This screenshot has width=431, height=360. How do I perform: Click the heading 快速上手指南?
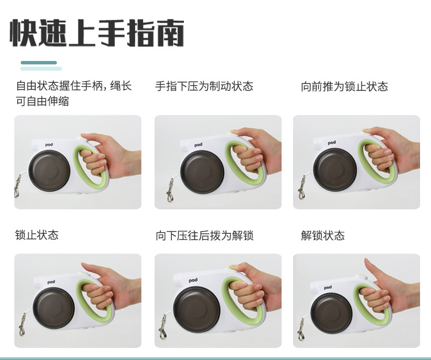[97, 33]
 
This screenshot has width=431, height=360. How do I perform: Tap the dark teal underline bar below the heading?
[39, 63]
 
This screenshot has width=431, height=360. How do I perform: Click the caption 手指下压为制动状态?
[204, 86]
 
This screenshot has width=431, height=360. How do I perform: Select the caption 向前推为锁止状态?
[344, 86]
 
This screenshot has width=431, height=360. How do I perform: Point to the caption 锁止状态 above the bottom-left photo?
[37, 235]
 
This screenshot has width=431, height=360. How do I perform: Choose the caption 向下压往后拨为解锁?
[204, 236]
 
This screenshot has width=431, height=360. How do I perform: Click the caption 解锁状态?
[323, 236]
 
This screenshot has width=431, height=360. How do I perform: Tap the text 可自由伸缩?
[43, 101]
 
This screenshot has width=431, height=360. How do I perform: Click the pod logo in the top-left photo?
[49, 145]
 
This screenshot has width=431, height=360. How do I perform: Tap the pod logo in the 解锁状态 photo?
[328, 288]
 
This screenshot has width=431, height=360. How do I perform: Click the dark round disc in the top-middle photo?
[202, 172]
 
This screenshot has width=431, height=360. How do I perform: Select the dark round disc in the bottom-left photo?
[53, 308]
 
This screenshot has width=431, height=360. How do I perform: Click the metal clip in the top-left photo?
[17, 186]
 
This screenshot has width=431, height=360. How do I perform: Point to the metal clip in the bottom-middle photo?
[163, 327]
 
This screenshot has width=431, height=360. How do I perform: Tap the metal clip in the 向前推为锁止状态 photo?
[302, 188]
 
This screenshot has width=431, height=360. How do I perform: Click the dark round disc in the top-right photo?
[335, 170]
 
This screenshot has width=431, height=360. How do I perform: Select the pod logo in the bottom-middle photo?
[193, 280]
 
